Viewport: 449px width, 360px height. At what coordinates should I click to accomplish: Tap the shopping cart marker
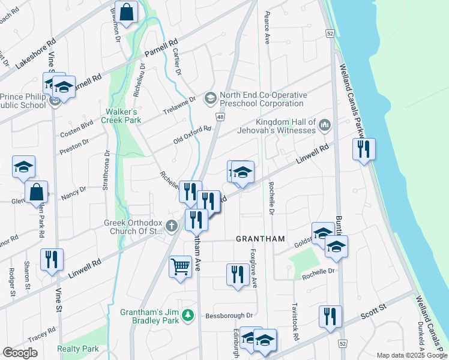pyautogui.click(x=180, y=266)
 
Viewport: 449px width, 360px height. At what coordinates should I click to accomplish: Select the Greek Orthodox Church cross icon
pyautogui.click(x=172, y=226)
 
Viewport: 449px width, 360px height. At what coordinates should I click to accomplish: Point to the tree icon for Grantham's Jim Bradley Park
pyautogui.click(x=188, y=314)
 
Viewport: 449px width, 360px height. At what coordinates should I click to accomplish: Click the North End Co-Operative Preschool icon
pyautogui.click(x=210, y=97)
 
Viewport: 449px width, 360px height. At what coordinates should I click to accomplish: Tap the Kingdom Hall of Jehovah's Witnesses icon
pyautogui.click(x=325, y=125)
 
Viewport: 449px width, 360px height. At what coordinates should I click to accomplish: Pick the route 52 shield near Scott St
pyautogui.click(x=342, y=343)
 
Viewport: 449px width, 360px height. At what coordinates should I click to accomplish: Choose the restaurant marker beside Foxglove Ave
pyautogui.click(x=238, y=275)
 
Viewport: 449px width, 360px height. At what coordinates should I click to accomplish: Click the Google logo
pyautogui.click(x=20, y=352)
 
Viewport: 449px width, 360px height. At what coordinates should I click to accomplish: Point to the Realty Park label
pyautogui.click(x=78, y=349)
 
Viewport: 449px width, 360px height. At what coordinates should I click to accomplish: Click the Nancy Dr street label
pyautogui.click(x=74, y=191)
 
